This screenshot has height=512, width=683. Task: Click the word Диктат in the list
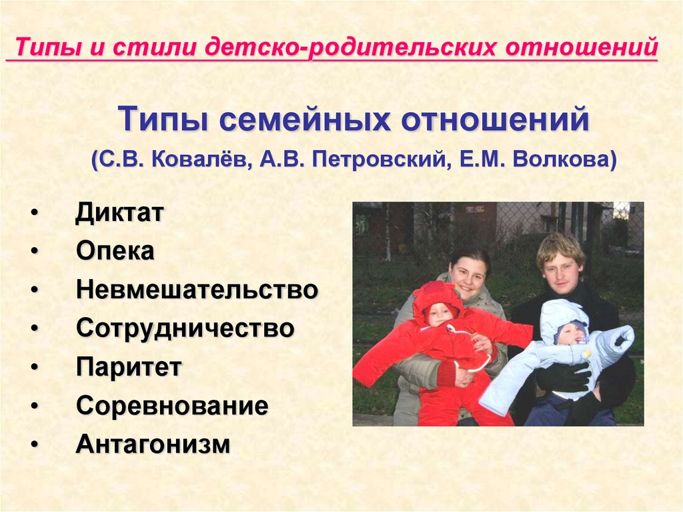(x=119, y=213)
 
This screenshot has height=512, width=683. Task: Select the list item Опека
(x=115, y=251)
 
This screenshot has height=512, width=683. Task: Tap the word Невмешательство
(x=197, y=290)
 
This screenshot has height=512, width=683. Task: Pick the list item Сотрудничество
(x=185, y=328)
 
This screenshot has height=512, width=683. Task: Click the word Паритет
(x=129, y=366)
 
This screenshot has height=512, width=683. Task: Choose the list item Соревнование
(x=172, y=406)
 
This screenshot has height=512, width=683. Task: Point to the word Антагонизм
(x=153, y=444)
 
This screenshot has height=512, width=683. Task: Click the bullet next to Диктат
(x=35, y=214)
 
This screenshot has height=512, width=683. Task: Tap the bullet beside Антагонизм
(x=35, y=445)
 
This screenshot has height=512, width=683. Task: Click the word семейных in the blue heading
(x=304, y=119)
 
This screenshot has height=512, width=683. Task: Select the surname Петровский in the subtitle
(x=379, y=160)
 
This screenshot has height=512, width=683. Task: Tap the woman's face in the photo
(x=468, y=278)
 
